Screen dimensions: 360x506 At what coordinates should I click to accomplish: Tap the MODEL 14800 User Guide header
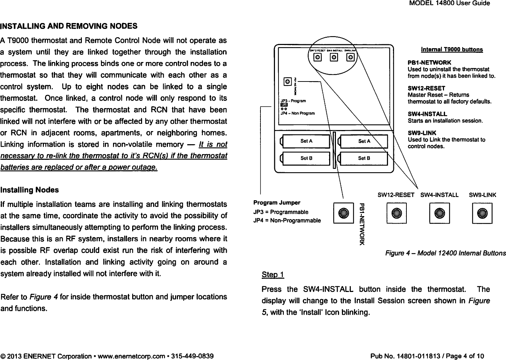[450, 4]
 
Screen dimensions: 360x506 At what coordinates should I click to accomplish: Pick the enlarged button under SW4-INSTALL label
[439, 213]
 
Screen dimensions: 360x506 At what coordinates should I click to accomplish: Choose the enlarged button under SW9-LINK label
[482, 213]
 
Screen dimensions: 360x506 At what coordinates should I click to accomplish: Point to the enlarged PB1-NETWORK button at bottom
[343, 213]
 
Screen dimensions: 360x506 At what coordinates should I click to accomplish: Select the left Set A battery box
[305, 141]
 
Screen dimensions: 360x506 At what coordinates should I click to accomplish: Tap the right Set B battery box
[364, 158]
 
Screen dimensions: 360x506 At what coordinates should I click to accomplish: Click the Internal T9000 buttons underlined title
[452, 50]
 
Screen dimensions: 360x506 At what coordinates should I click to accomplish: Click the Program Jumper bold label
[277, 203]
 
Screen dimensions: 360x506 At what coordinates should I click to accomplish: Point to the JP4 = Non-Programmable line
[287, 220]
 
